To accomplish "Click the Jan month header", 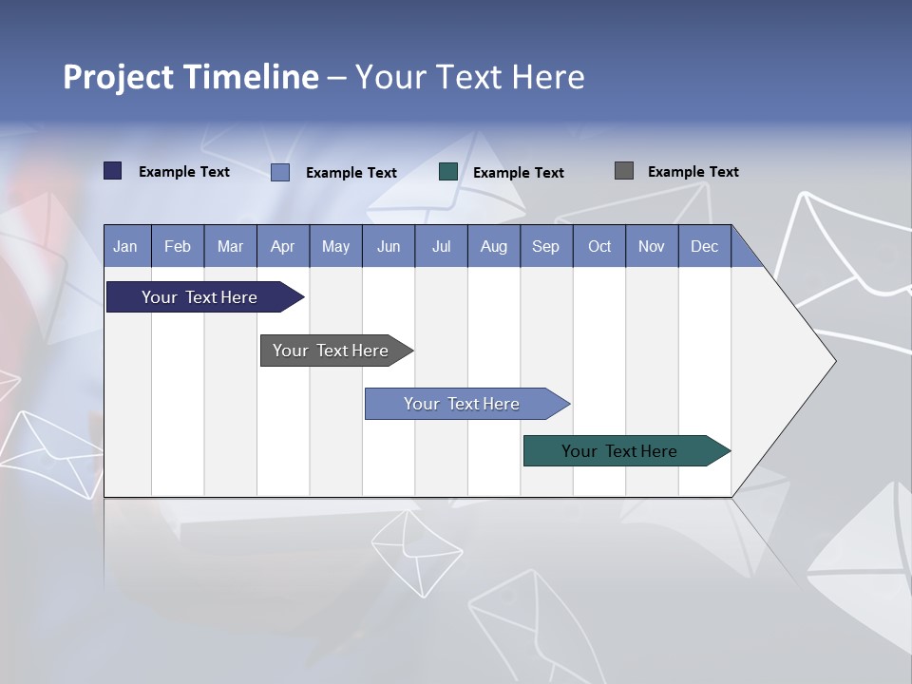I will (x=125, y=246).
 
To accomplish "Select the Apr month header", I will (x=282, y=246).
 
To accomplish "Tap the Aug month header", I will (x=493, y=246).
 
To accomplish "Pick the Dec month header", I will (x=704, y=246).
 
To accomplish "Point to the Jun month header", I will (x=388, y=246).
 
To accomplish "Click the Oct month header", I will (x=598, y=246).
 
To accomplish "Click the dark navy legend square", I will (x=113, y=171).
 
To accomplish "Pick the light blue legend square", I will (x=280, y=172).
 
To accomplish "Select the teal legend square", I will (x=448, y=172).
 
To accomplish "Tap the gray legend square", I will (x=624, y=171).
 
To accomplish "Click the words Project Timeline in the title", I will (x=190, y=77).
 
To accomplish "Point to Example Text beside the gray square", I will (x=693, y=172).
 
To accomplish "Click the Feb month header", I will (x=178, y=246).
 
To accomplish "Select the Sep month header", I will (x=545, y=246).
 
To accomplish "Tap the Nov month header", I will (x=651, y=246).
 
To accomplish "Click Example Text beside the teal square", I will (x=518, y=173).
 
